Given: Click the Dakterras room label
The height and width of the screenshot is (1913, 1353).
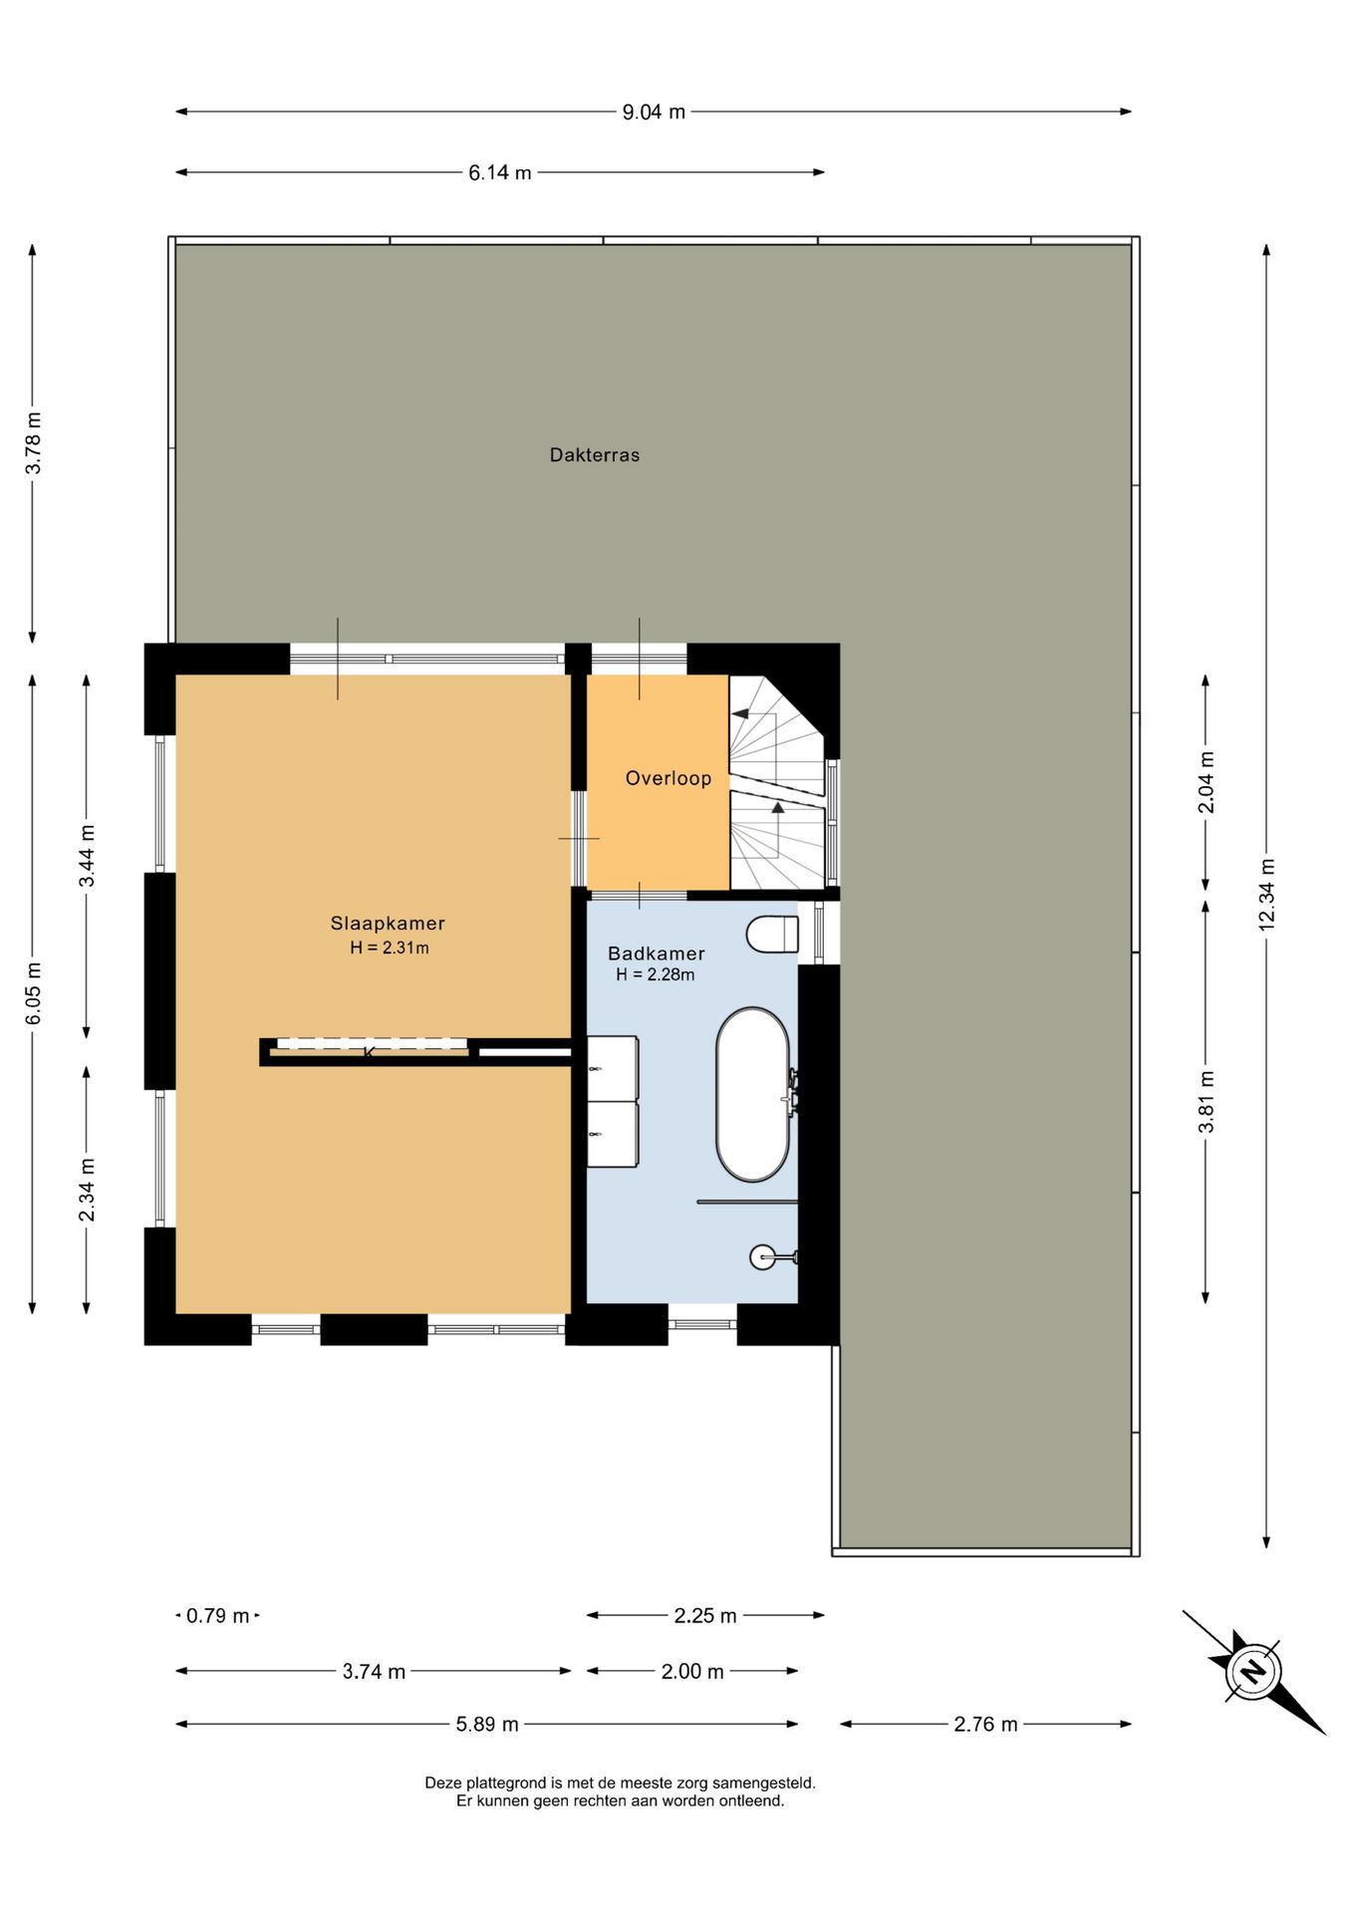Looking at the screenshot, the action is pos(595,455).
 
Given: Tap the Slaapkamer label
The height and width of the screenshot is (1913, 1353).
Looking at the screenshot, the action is pos(388,924).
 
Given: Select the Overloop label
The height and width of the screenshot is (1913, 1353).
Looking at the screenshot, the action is pos(669,778).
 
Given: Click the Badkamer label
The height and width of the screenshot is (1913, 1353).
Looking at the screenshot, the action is pos(657,954).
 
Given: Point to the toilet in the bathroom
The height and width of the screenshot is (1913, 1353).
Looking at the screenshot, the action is pos(773,935).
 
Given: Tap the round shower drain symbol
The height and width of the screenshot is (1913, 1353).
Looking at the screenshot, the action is pos(763,1257).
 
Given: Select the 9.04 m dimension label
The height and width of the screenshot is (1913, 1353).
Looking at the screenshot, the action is pos(654,113).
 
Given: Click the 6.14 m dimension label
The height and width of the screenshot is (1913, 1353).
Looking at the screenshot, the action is pos(500,173).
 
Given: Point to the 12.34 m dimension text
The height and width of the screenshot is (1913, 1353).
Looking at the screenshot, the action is pos(1267,895).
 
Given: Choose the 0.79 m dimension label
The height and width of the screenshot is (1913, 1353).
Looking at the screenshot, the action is pos(217,1616).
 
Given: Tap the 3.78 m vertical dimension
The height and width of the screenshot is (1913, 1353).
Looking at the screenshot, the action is pos(33,443).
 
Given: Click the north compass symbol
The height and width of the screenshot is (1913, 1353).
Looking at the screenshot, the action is pos(1253,1671).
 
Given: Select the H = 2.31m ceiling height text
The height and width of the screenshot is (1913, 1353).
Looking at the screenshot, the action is pos(390,949).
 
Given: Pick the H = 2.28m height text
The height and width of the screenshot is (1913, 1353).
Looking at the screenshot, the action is pos(656,975).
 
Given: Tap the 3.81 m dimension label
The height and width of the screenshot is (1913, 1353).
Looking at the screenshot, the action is pos(1207,1102).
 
